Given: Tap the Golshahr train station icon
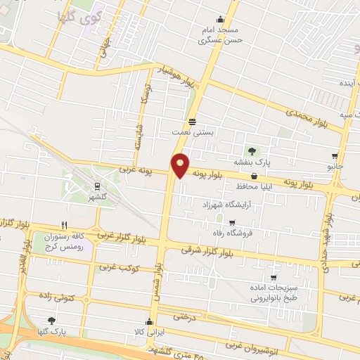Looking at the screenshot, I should (x=97, y=186).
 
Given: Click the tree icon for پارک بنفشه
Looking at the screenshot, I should (x=251, y=151).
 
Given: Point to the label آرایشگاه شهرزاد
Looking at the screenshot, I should (x=221, y=203).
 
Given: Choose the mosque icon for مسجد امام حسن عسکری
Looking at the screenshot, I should (x=221, y=20).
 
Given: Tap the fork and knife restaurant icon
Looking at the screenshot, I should (x=64, y=225).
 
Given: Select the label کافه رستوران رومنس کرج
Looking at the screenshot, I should (x=72, y=243).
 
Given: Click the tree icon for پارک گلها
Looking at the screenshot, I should (x=51, y=320).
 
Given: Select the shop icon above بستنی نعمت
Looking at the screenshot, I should (x=193, y=120).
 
